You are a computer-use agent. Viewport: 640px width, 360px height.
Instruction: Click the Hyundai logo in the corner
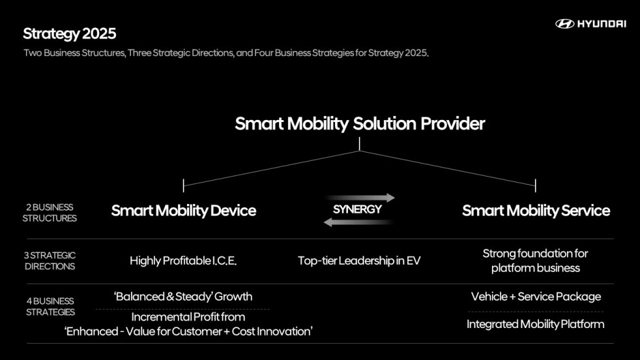[590, 23]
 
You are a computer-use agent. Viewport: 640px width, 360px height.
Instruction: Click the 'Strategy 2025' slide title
[70, 33]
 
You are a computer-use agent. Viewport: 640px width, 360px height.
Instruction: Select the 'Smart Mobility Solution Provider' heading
[360, 124]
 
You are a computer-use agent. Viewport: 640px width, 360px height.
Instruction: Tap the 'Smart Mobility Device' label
[183, 211]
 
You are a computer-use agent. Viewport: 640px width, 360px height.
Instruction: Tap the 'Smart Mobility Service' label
[536, 211]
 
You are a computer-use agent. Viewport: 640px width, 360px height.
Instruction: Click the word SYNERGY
[357, 210]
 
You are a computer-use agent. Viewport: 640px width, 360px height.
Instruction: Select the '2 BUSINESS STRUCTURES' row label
[50, 213]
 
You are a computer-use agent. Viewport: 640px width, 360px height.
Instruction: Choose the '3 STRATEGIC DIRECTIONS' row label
[50, 261]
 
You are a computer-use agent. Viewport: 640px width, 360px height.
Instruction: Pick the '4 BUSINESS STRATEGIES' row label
[50, 307]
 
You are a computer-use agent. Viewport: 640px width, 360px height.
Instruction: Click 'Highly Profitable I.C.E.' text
[183, 261]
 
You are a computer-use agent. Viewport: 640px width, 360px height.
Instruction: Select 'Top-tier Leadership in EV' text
[359, 261]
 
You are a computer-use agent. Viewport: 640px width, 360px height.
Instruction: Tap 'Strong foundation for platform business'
[535, 260]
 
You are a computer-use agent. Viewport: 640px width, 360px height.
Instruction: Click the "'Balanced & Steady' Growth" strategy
[183, 297]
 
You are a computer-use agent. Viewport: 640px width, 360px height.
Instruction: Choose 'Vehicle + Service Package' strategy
[536, 297]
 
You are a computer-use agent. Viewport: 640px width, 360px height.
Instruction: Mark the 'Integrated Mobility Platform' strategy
[535, 324]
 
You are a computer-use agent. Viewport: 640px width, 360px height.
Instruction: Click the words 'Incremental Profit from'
[188, 317]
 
